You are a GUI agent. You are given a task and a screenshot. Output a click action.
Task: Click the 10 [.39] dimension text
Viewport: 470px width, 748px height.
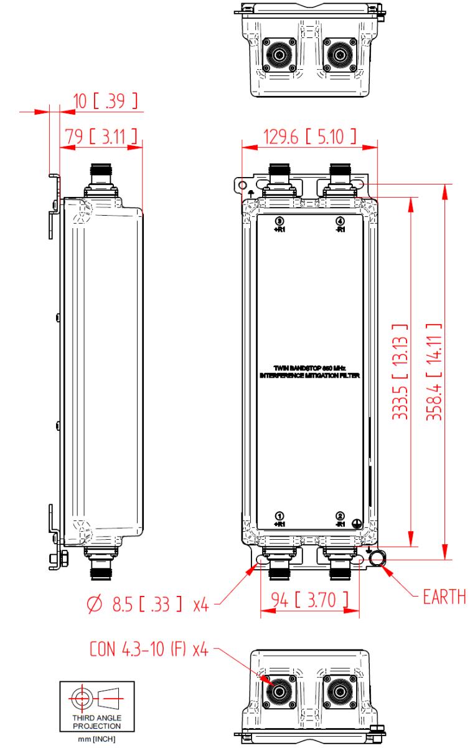(x=100, y=101)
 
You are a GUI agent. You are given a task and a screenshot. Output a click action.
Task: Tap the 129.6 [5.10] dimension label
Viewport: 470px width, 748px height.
(x=309, y=136)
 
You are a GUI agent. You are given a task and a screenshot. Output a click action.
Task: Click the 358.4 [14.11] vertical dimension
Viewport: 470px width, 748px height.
(x=434, y=372)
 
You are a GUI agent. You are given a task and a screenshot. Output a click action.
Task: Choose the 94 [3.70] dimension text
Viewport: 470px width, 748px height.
(x=310, y=600)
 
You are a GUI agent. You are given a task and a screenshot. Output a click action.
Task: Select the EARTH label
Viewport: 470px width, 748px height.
(x=444, y=597)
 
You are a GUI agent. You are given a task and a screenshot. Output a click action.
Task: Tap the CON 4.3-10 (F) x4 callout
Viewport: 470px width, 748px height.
(x=149, y=650)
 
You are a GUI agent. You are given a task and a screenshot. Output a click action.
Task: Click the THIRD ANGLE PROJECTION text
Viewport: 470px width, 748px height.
(x=97, y=722)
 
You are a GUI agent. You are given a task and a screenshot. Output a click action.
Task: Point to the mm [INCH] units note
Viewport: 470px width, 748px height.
(x=97, y=739)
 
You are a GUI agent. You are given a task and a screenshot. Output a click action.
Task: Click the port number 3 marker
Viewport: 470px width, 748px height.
(x=280, y=221)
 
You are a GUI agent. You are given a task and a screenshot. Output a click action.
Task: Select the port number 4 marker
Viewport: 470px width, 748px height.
(x=340, y=221)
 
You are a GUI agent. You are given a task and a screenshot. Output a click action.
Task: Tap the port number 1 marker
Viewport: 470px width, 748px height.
(x=280, y=516)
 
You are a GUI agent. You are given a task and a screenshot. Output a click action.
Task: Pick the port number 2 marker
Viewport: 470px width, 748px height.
(x=340, y=516)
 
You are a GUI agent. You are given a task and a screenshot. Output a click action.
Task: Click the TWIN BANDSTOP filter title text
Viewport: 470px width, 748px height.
(x=309, y=372)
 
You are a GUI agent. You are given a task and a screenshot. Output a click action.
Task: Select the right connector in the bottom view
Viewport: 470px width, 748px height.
(x=340, y=691)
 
